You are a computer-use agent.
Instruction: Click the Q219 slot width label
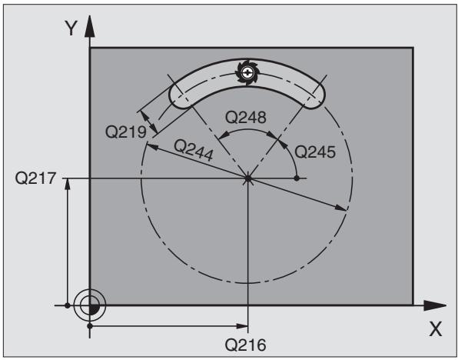pyautogui.click(x=125, y=132)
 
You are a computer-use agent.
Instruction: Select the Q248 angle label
pyautogui.click(x=246, y=118)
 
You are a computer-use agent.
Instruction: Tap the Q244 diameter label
pyautogui.click(x=194, y=150)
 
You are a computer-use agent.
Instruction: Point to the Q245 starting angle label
pyautogui.click(x=315, y=152)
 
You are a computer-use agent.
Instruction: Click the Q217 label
pyautogui.click(x=35, y=178)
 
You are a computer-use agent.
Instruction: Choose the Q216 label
pyautogui.click(x=245, y=345)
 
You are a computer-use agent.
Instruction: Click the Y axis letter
pyautogui.click(x=71, y=28)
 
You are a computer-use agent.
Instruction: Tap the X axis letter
pyautogui.click(x=435, y=329)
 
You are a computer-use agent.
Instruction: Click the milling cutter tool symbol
pyautogui.click(x=247, y=72)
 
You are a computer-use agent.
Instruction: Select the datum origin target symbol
pyautogui.click(x=90, y=305)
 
